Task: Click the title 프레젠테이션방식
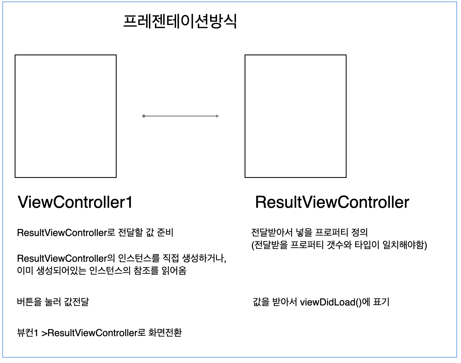tap(180, 21)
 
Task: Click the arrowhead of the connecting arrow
tap(218, 116)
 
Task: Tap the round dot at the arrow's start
tap(144, 116)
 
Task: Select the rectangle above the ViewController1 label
tap(66, 116)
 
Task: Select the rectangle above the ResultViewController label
tap(295, 116)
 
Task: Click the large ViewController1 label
tap(75, 202)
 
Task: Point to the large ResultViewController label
tap(332, 202)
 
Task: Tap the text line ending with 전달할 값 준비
tap(95, 233)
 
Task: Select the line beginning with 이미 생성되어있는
tap(101, 270)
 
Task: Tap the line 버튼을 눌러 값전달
tap(53, 302)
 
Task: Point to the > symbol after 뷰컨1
tap(44, 333)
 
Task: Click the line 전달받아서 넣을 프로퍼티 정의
tap(309, 232)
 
